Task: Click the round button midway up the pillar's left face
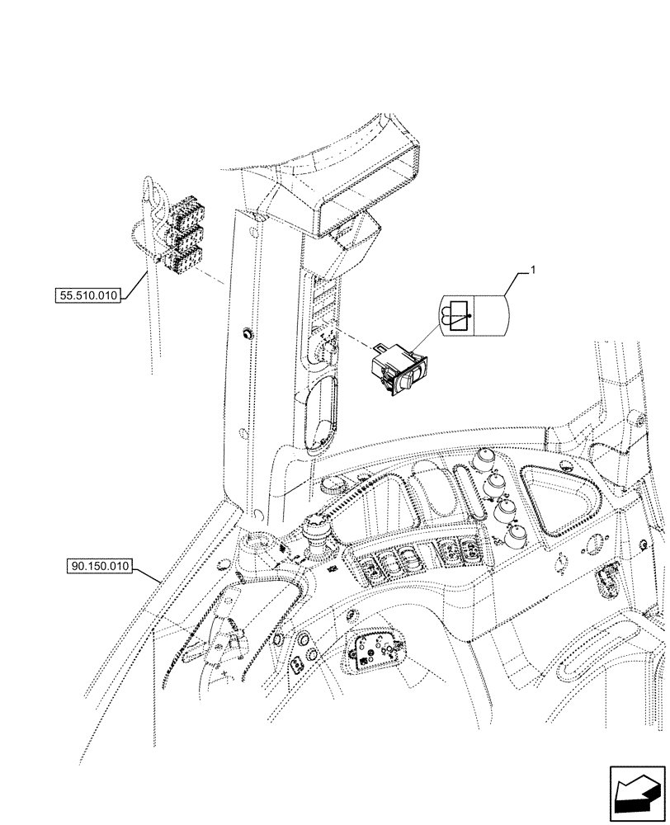click(x=245, y=334)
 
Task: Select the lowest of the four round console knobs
click(x=517, y=536)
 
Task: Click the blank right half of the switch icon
click(x=492, y=315)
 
